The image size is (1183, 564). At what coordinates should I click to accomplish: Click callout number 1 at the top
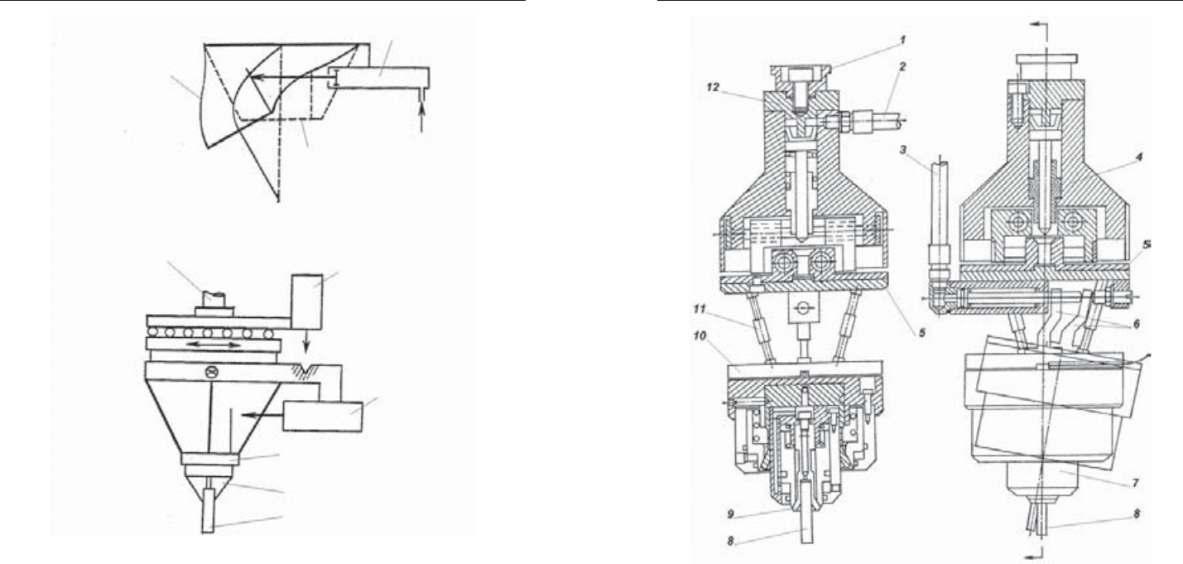click(x=903, y=40)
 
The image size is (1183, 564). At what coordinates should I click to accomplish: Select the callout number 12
click(x=713, y=87)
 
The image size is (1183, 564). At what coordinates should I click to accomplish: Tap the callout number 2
click(x=902, y=67)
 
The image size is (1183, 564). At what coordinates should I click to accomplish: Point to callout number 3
click(x=903, y=150)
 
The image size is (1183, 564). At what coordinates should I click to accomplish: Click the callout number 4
click(x=1139, y=157)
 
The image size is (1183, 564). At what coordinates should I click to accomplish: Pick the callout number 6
click(x=1136, y=324)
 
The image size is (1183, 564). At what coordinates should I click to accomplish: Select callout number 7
click(x=1135, y=483)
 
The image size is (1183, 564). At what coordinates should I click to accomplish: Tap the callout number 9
click(x=730, y=513)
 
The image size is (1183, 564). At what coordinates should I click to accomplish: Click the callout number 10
click(x=700, y=336)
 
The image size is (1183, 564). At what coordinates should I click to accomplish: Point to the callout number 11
click(x=700, y=309)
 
